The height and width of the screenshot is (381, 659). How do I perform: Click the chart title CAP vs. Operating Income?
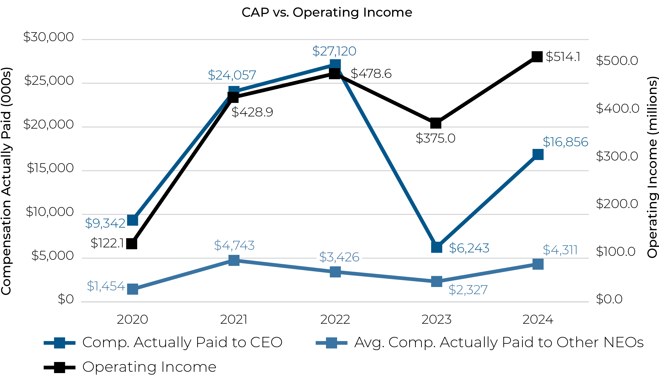[x=327, y=12]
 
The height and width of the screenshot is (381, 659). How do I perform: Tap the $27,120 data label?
[x=334, y=51]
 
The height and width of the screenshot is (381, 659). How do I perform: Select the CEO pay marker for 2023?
[x=436, y=247]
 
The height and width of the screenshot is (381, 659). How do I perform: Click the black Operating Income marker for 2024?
[x=537, y=57]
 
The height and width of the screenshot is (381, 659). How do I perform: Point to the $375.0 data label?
[x=435, y=138]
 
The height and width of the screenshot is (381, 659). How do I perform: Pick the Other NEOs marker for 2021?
[x=234, y=260]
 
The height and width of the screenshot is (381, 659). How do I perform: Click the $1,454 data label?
[x=106, y=286]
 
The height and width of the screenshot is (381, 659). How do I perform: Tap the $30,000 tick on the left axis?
[x=48, y=37]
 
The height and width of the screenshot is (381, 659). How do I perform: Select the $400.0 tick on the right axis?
[x=617, y=108]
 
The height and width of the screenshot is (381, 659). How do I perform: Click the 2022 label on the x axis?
[x=335, y=320]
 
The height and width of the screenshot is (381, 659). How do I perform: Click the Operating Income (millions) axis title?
[x=652, y=167]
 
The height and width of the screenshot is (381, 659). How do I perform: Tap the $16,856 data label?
[x=565, y=142]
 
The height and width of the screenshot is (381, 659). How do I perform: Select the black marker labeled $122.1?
[x=132, y=244]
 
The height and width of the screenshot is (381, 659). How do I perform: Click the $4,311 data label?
[x=560, y=250]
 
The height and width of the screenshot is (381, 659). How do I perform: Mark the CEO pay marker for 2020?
[x=132, y=220]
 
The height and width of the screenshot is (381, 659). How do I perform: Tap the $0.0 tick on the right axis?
[x=609, y=299]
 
